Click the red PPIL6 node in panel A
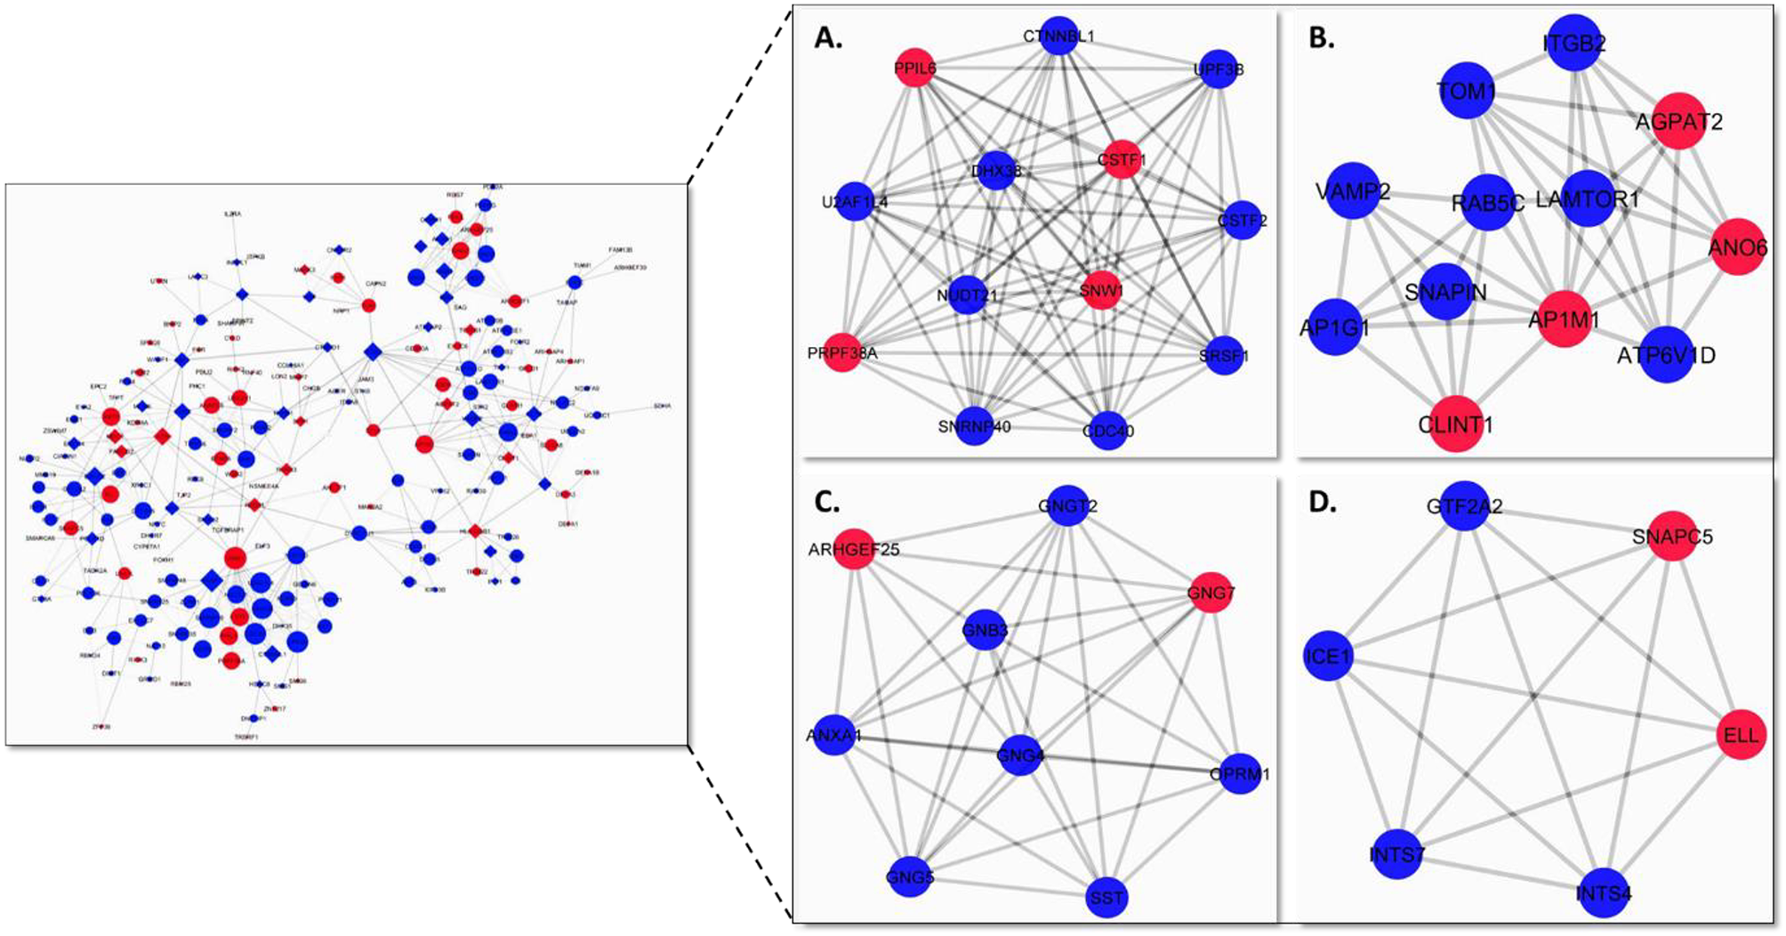[x=915, y=68]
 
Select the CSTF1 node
[x=1122, y=160]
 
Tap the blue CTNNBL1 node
[x=1058, y=36]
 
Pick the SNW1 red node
[x=1102, y=290]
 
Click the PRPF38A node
[x=842, y=352]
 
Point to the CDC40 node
[x=1108, y=431]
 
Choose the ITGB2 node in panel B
[x=1574, y=43]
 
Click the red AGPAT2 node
[x=1677, y=121]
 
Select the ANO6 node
[x=1737, y=247]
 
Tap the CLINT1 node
[x=1455, y=424]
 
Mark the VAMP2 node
[x=1353, y=190]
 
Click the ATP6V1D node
[x=1666, y=355]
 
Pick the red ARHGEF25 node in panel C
[x=854, y=549]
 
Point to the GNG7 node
[x=1211, y=592]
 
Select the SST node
[x=1106, y=897]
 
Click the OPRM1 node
[x=1240, y=773]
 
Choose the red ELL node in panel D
[x=1741, y=735]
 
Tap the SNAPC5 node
[x=1672, y=537]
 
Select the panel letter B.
[x=1322, y=38]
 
